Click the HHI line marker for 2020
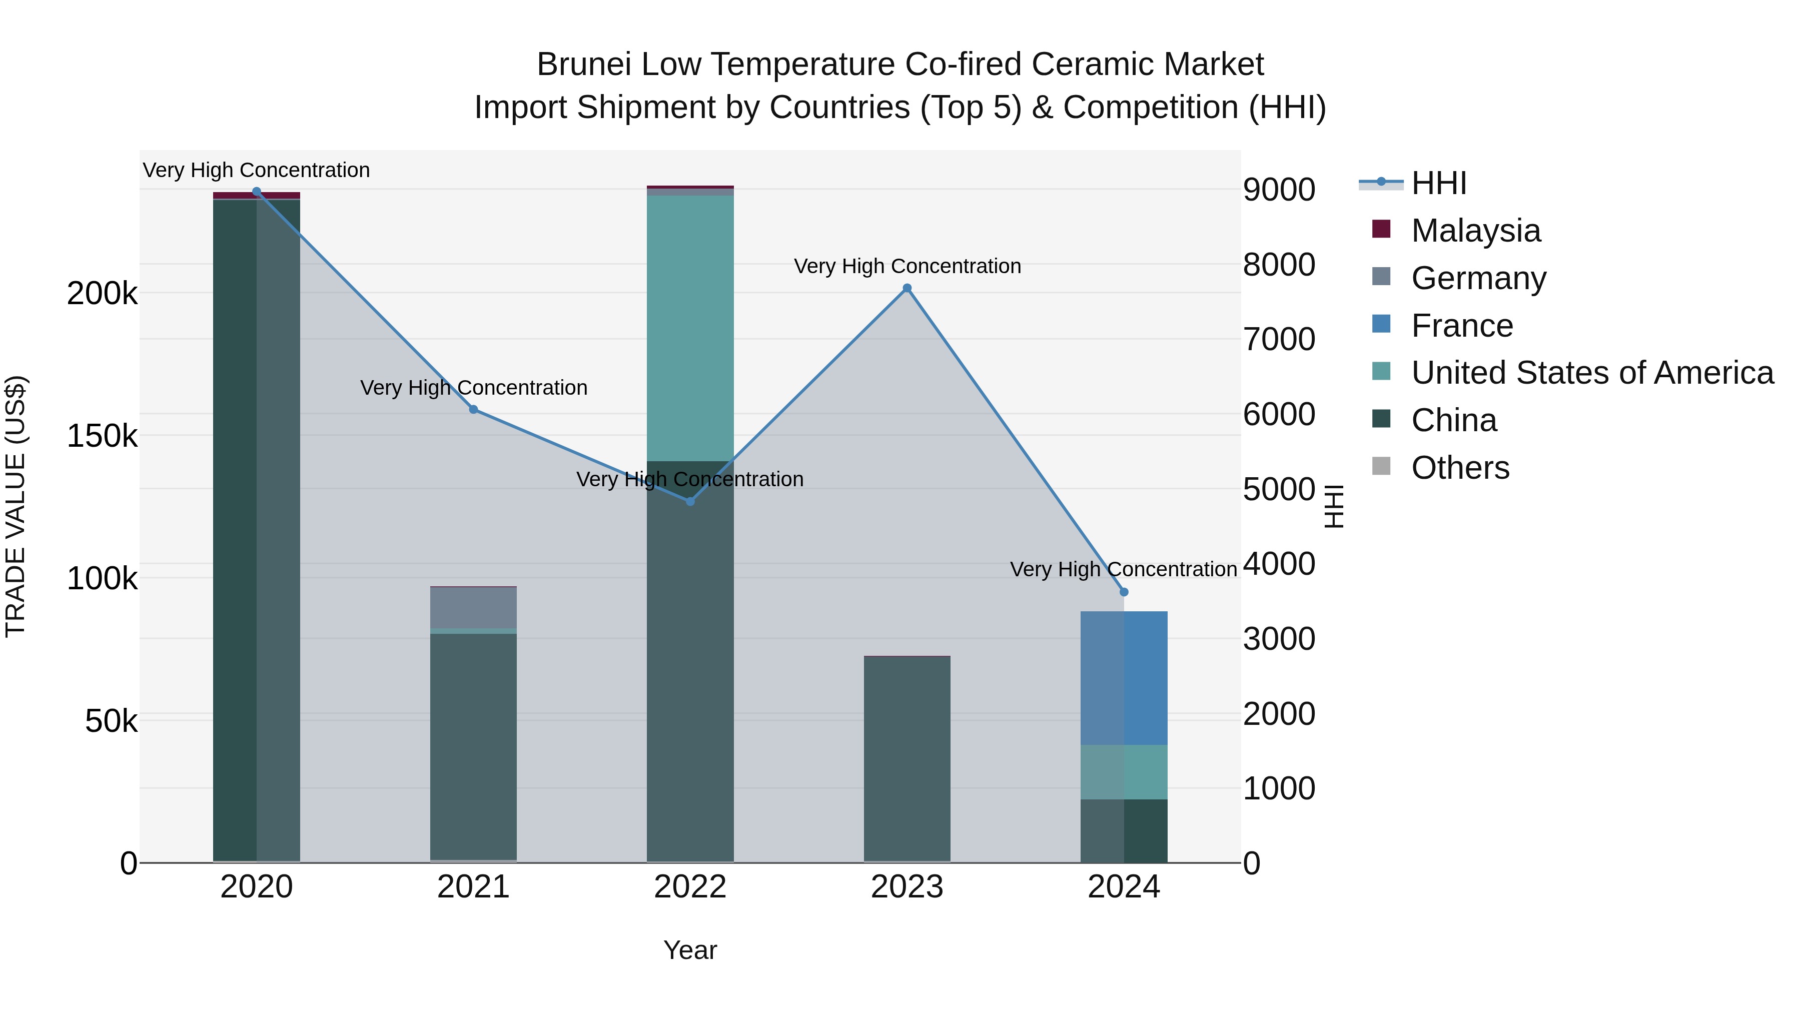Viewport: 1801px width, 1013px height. [x=257, y=192]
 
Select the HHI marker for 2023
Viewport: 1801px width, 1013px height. [x=907, y=288]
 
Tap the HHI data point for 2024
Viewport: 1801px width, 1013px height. [x=1124, y=592]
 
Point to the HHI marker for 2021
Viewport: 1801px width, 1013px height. [x=473, y=410]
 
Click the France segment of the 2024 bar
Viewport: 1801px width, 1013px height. [x=1124, y=678]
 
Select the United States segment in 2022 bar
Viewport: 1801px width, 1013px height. [x=690, y=329]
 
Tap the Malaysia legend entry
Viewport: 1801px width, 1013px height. [x=1475, y=231]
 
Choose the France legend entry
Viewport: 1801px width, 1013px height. [x=1461, y=326]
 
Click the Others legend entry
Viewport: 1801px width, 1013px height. [x=1460, y=468]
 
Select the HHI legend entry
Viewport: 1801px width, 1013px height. [x=1439, y=183]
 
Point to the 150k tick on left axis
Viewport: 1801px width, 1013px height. [x=102, y=436]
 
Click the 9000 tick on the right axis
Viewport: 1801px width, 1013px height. [x=1279, y=190]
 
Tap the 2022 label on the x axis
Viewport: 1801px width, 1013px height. [x=690, y=887]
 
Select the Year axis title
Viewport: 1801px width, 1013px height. [x=690, y=950]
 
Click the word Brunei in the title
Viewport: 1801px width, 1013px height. [x=584, y=65]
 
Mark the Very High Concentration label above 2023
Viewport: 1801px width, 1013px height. [x=907, y=266]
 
